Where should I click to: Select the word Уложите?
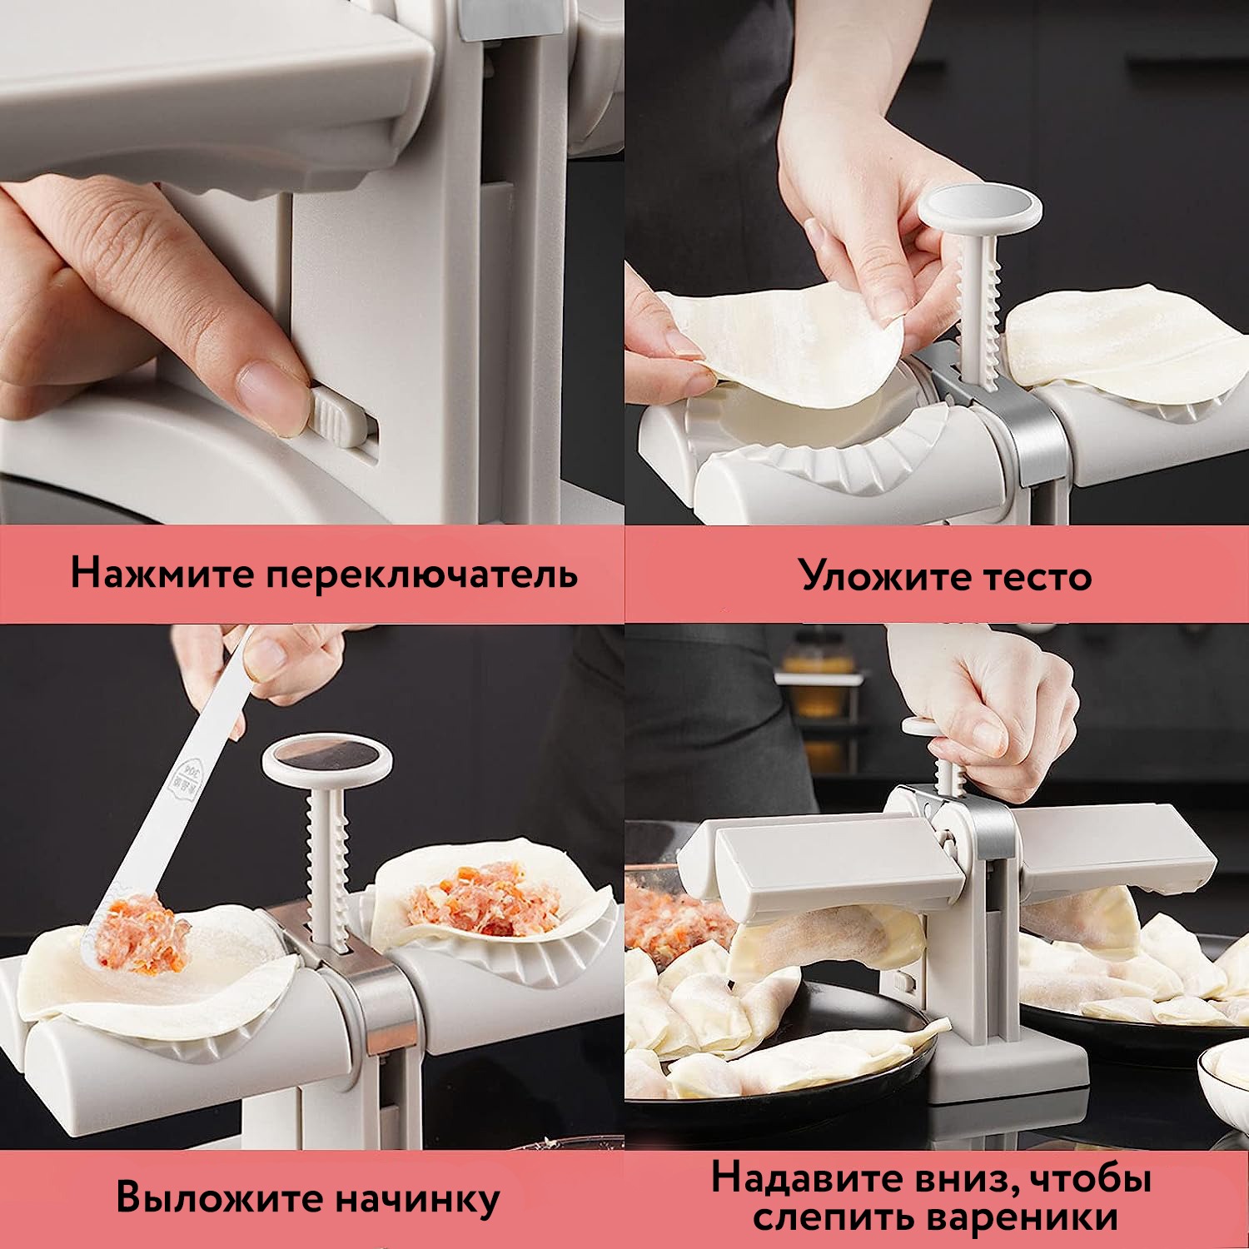point(879,575)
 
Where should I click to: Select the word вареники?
point(1023,1218)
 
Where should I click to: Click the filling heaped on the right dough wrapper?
point(483,904)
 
